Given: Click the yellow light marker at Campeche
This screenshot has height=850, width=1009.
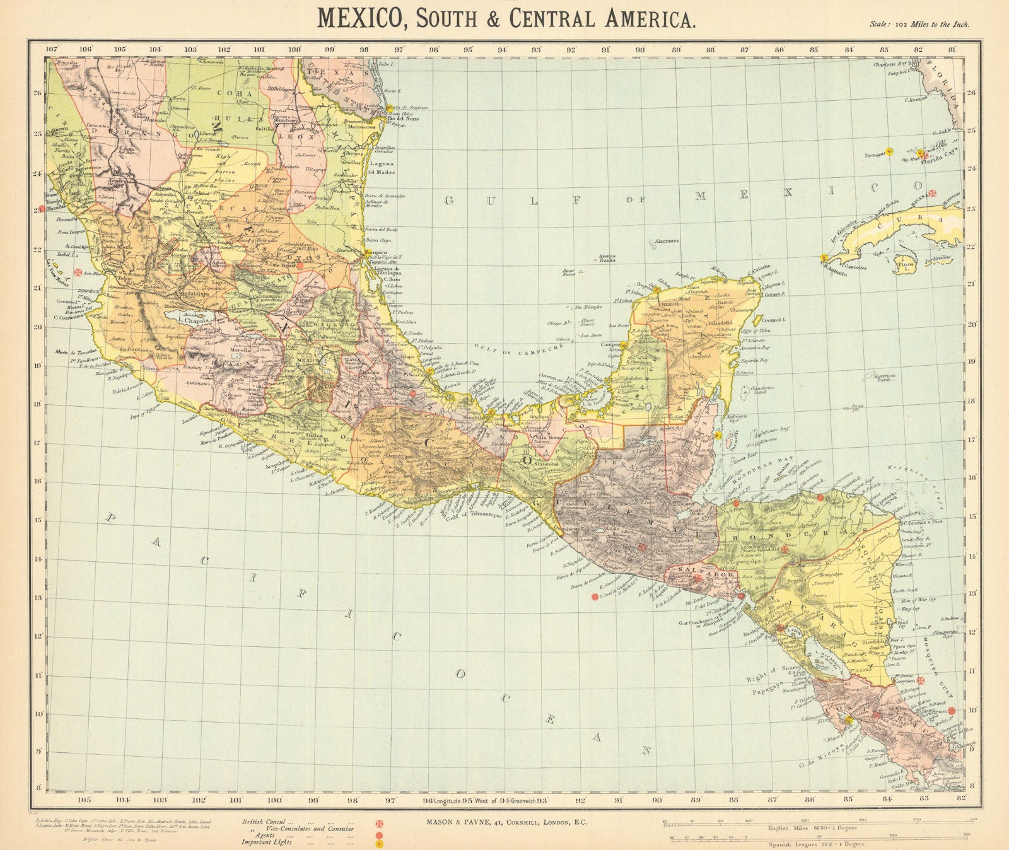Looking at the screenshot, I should click(x=622, y=344).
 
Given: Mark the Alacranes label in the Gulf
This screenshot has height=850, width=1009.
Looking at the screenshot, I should click(x=665, y=241).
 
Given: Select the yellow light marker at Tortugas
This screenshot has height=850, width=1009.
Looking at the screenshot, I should click(x=889, y=151).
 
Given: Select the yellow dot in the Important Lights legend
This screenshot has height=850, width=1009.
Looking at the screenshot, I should click(x=380, y=843).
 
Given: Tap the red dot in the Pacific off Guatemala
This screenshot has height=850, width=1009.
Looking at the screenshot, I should click(x=594, y=597).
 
